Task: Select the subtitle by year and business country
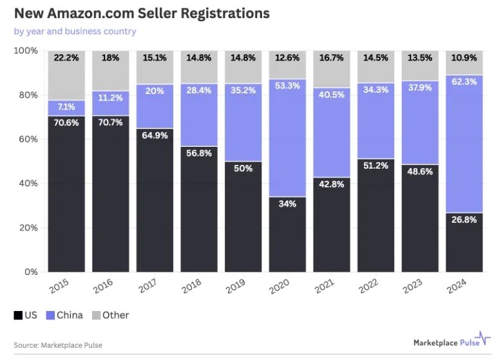coord(75,31)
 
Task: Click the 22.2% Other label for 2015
coord(66,57)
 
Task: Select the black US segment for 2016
coord(111,193)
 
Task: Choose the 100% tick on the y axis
coord(24,50)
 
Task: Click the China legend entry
coord(64,315)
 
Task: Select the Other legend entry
coord(110,315)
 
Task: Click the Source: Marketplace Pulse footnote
coord(58,345)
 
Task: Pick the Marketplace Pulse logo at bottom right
coord(451,343)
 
